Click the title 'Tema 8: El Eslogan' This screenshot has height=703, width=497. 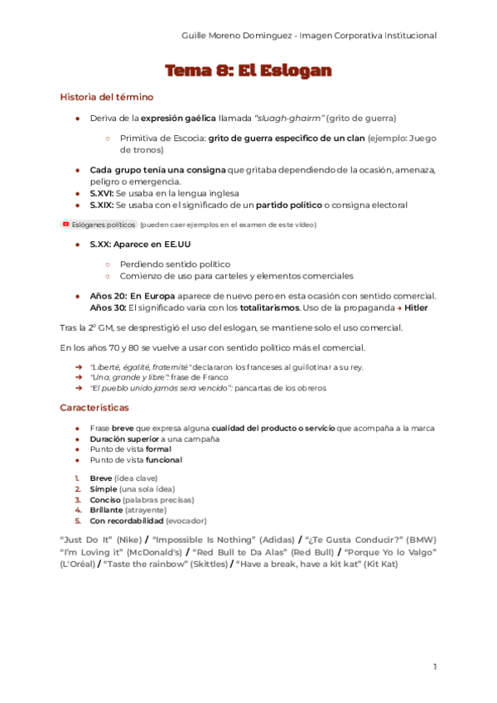click(x=248, y=70)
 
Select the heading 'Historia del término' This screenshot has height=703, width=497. click(x=106, y=97)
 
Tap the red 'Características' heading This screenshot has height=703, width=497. click(x=94, y=407)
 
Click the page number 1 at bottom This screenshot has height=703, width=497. click(x=435, y=667)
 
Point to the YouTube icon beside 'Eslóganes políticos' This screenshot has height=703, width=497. click(x=65, y=224)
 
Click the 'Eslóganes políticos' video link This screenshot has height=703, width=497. click(x=103, y=225)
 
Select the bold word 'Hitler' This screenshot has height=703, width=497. click(x=416, y=307)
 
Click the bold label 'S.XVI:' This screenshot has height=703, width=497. click(x=102, y=193)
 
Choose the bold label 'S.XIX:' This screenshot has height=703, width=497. click(x=102, y=204)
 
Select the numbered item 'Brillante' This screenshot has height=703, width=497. click(x=105, y=511)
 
